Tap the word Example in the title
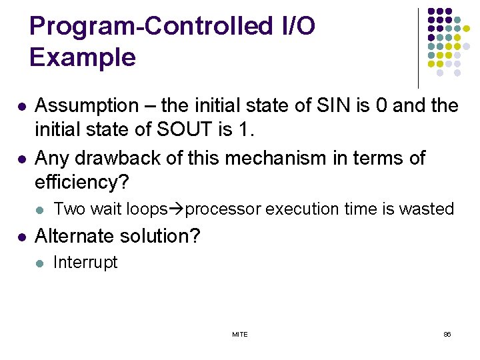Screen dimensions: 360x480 pyautogui.click(x=82, y=58)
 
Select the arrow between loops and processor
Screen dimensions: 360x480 pyautogui.click(x=178, y=209)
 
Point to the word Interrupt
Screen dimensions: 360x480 pyautogui.click(x=85, y=263)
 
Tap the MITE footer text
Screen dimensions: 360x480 pyautogui.click(x=240, y=334)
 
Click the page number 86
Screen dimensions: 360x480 pyautogui.click(x=447, y=334)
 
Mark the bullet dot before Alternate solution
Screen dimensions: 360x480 pyautogui.click(x=22, y=237)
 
